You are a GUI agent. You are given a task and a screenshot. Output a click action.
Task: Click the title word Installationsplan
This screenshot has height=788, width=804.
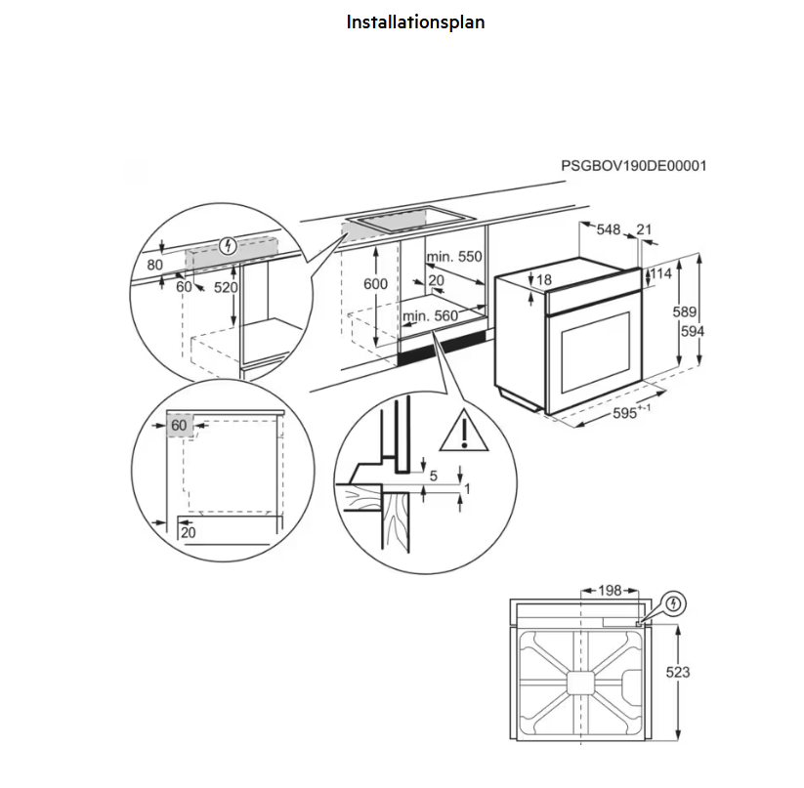coord(415,21)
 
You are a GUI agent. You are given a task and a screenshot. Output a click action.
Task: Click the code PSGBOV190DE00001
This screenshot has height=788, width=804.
coord(633,166)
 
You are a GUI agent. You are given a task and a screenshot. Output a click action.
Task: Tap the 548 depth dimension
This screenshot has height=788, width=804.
coord(609,230)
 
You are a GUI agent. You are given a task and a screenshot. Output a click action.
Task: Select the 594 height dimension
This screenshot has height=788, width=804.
coord(693,331)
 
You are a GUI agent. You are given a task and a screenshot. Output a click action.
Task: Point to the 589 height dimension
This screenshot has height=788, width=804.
coord(684,312)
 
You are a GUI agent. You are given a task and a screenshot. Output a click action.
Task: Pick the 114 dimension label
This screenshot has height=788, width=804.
coord(661,274)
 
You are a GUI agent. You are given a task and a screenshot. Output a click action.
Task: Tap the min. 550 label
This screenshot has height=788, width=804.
coord(454,257)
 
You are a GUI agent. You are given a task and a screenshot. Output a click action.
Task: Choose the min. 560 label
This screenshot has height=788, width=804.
coord(431,316)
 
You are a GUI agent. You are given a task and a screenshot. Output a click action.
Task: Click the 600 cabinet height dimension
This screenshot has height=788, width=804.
coord(376,283)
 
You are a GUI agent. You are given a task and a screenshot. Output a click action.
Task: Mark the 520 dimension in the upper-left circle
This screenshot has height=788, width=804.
coord(226,288)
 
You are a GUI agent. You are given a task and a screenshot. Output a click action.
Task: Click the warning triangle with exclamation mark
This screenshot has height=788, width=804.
coord(464,433)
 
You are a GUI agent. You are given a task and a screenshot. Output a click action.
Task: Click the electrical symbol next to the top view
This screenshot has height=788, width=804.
coord(673,604)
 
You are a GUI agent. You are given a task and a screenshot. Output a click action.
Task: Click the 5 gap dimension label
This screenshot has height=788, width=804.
coord(432,476)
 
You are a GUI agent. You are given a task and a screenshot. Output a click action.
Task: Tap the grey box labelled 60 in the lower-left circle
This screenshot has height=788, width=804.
coord(180,427)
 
